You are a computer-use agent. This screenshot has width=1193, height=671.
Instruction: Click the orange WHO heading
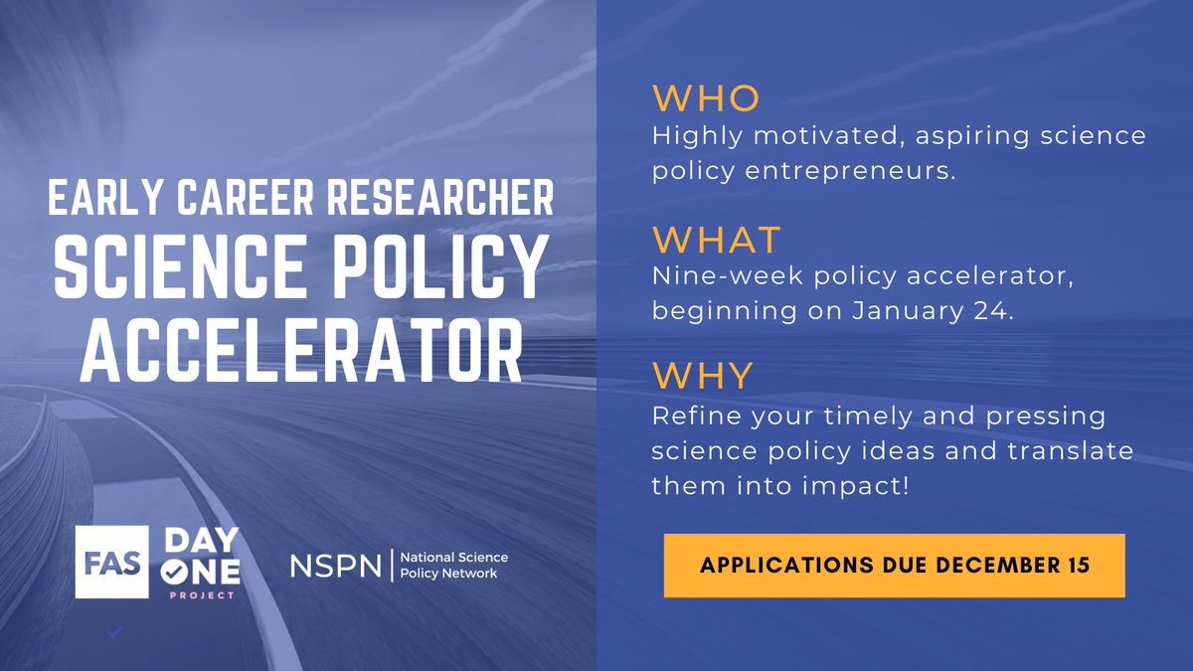[706, 98]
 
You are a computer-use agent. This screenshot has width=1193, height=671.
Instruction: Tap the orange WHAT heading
[717, 240]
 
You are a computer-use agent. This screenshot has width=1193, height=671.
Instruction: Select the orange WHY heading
[703, 375]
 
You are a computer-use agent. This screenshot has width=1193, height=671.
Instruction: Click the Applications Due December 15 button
[894, 565]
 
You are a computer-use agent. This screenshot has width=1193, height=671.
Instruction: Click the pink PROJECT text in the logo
[205, 595]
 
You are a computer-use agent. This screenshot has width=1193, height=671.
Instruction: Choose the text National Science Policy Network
[452, 566]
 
